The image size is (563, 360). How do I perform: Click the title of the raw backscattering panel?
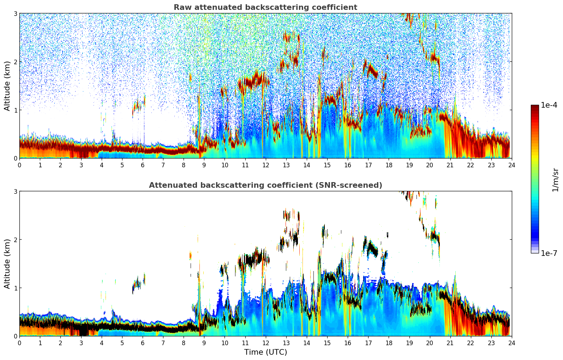(265, 7)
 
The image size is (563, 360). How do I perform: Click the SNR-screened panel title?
(265, 185)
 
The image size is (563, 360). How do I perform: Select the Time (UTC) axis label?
(265, 352)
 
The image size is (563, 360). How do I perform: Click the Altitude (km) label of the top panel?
(7, 86)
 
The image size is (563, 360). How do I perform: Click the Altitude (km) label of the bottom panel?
(7, 264)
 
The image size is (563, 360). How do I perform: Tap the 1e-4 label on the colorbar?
(549, 105)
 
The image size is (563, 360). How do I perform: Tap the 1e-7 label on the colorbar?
(549, 253)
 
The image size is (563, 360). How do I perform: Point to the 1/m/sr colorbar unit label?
(555, 180)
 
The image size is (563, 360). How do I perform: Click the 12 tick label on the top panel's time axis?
(265, 165)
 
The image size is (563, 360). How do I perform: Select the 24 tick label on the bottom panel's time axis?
(511, 343)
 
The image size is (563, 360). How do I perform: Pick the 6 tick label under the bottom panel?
(143, 343)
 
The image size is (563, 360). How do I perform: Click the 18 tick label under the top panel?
(389, 165)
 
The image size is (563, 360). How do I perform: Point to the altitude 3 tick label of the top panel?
(16, 13)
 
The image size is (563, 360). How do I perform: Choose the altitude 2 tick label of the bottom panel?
(16, 240)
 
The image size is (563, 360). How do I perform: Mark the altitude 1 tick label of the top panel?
(16, 110)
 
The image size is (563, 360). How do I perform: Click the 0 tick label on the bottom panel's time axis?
(19, 343)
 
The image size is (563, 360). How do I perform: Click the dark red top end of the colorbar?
(534, 107)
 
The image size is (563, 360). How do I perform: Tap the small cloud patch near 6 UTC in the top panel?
(138, 106)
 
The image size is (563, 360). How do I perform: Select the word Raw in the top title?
(181, 7)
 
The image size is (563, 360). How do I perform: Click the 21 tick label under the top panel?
(450, 165)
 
